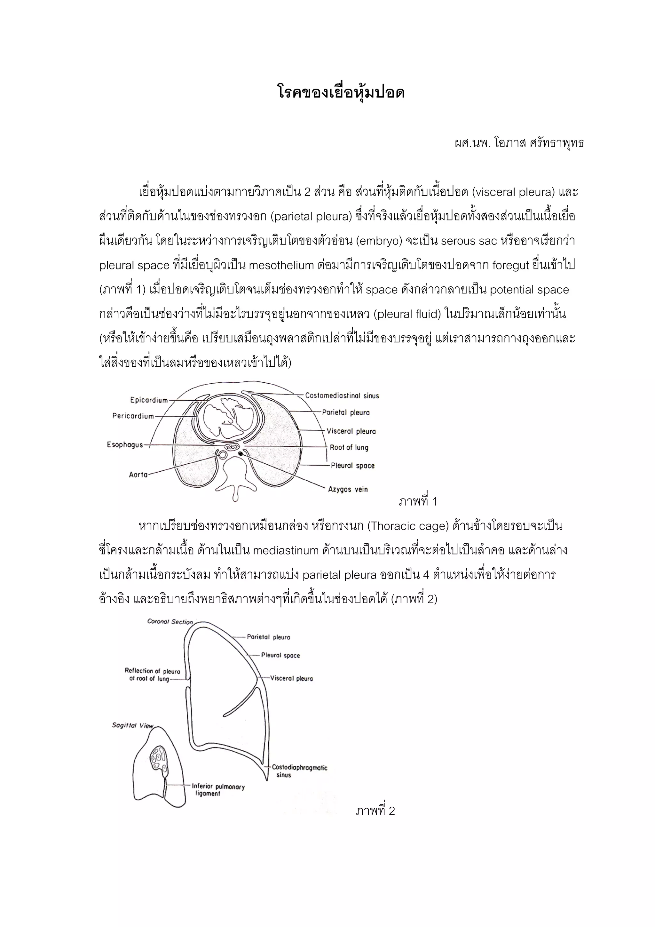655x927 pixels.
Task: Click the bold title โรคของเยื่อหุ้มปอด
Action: pyautogui.click(x=341, y=93)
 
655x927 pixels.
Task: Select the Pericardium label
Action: pyautogui.click(x=133, y=416)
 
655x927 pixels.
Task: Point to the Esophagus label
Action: pyautogui.click(x=125, y=444)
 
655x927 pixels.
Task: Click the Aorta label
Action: pyautogui.click(x=138, y=475)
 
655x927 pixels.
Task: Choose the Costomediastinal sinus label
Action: pyautogui.click(x=342, y=396)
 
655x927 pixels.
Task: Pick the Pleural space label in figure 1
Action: pyautogui.click(x=352, y=466)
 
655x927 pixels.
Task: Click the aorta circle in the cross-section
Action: pyautogui.click(x=222, y=455)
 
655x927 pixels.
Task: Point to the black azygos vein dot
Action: pyautogui.click(x=241, y=454)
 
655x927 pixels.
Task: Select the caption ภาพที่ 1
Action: pyautogui.click(x=418, y=501)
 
